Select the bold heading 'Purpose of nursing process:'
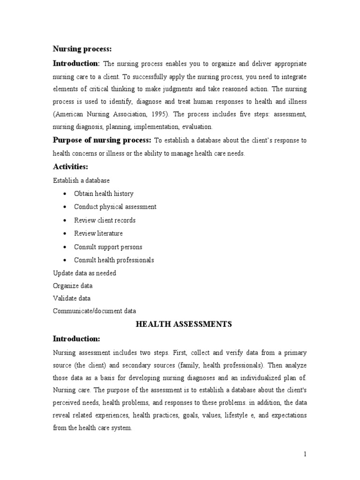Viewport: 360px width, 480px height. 102,140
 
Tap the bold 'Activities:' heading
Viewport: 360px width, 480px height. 70,166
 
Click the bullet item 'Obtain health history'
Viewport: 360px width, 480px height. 104,194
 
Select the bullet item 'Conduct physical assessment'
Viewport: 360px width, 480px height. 115,207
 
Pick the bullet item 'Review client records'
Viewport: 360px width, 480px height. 105,220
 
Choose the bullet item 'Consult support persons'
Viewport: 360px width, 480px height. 108,247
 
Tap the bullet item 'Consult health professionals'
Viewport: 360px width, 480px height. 114,260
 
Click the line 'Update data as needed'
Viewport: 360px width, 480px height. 84,273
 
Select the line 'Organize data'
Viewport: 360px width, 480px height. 73,285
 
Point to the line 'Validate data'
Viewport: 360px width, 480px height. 72,298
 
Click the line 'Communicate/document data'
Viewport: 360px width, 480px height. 94,311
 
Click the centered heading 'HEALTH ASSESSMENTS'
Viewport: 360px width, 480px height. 184,324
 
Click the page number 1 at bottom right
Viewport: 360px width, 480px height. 304,454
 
